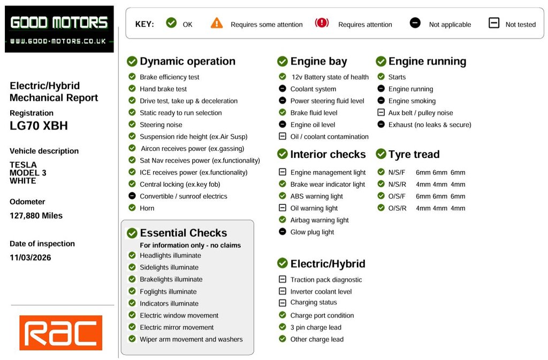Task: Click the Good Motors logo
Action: (59, 29)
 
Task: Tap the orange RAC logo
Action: (60, 333)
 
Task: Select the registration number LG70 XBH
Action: (39, 126)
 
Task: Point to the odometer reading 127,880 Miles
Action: (36, 216)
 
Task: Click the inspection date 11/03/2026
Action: (31, 257)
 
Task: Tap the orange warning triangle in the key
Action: (216, 23)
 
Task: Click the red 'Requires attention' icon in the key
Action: (322, 23)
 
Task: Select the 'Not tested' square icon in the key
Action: (494, 23)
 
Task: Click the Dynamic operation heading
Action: (187, 62)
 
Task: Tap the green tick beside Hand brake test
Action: (132, 89)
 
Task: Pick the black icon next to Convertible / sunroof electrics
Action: (132, 196)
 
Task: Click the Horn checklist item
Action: (147, 208)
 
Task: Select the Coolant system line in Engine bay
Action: (313, 89)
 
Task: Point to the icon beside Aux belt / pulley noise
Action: (381, 113)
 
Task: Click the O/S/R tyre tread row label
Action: (397, 208)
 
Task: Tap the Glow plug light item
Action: (312, 232)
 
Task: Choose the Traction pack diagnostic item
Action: (326, 280)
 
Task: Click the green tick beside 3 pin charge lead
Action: (283, 327)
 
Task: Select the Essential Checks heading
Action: (183, 233)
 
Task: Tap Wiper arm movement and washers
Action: (191, 339)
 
